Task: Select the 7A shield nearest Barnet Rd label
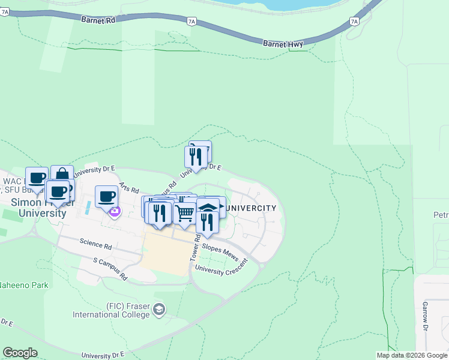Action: (x=191, y=21)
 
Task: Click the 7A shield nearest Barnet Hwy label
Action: (x=354, y=22)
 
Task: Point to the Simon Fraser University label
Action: (x=39, y=208)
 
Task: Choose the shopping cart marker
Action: (x=185, y=212)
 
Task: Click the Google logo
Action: (x=20, y=353)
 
